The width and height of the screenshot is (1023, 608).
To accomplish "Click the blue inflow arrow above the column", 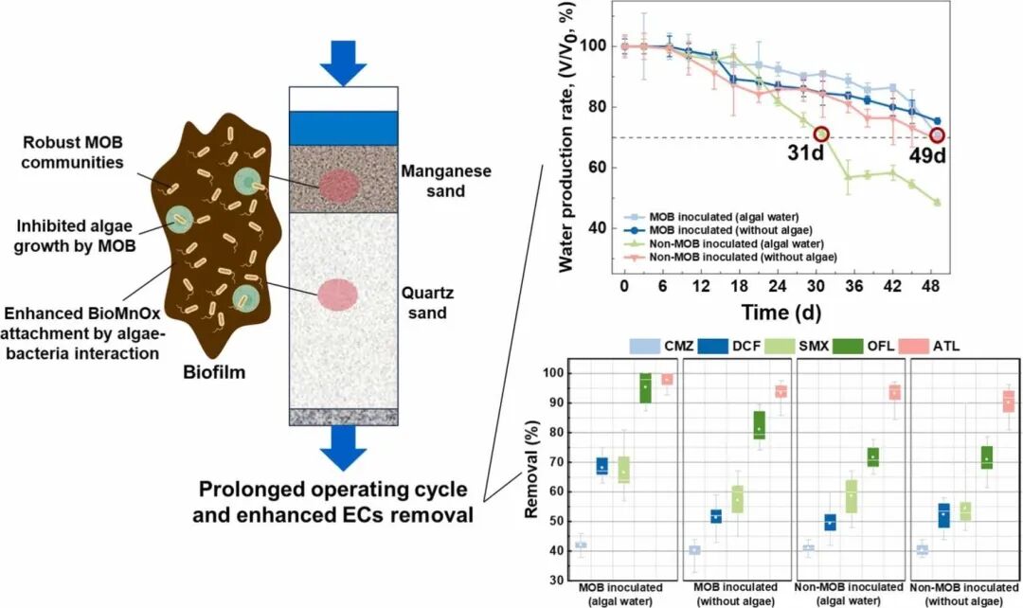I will coord(341,61).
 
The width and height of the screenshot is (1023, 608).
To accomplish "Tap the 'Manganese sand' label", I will coord(444,181).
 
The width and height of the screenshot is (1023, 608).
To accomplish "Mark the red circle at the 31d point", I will coord(821,135).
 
